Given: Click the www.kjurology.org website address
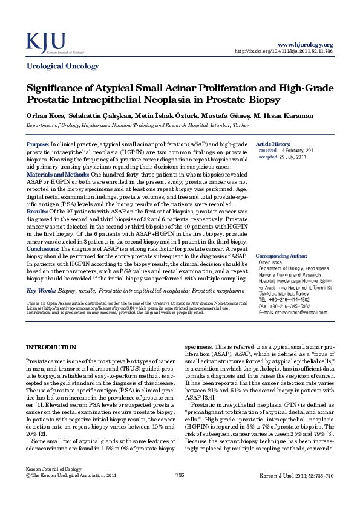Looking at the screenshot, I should pos(305,45).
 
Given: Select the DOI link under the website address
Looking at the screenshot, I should pos(283,51).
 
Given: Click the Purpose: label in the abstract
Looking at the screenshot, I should pos(38,144).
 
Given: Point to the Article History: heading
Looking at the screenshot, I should pos(273,144).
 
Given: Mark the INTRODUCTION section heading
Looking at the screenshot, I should pos(51,348).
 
